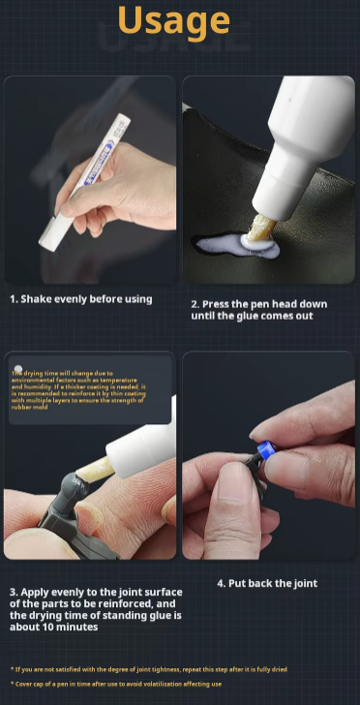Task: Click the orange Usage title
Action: coord(180,21)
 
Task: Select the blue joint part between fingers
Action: coord(263,452)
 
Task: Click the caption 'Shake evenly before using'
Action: coord(81,299)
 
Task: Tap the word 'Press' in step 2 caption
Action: coord(221,304)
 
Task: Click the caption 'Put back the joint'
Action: coord(267,583)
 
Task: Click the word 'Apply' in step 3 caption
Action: coord(39,591)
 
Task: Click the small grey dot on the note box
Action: coord(18,370)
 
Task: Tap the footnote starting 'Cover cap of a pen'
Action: coord(116,684)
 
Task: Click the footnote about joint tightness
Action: coord(149,669)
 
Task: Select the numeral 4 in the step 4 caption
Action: coord(221,583)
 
